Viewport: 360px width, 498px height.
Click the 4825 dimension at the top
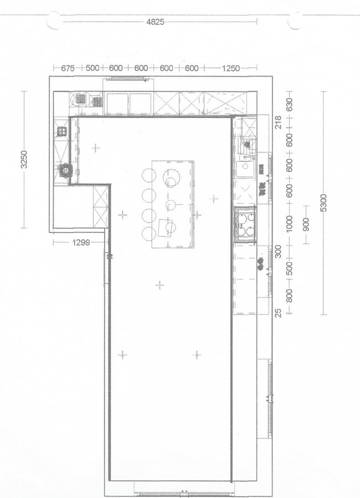[x=155, y=22]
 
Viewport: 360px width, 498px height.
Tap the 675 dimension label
[x=68, y=68]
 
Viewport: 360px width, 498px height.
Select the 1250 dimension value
[x=230, y=68]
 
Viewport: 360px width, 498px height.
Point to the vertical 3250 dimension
[x=24, y=159]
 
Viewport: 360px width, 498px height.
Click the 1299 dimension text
[x=81, y=243]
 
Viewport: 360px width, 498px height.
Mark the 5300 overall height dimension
[x=323, y=203]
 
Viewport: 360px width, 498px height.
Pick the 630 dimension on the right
[x=289, y=104]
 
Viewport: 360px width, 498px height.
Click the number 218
[x=278, y=122]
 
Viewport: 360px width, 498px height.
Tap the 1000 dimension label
[x=289, y=224]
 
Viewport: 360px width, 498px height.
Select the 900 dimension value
[x=306, y=225]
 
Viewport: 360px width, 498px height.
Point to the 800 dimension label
[x=289, y=296]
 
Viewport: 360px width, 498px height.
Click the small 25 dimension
[x=278, y=313]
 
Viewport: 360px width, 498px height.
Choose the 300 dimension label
[x=278, y=252]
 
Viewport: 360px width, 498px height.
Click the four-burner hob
[x=245, y=224]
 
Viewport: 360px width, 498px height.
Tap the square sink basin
[x=245, y=169]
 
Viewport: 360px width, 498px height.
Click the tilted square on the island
[x=166, y=228]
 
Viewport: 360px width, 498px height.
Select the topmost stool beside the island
[x=149, y=175]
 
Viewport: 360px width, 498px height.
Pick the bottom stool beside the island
[x=149, y=234]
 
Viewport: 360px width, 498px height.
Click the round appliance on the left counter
[x=65, y=170]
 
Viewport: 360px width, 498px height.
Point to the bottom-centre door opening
[x=183, y=494]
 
